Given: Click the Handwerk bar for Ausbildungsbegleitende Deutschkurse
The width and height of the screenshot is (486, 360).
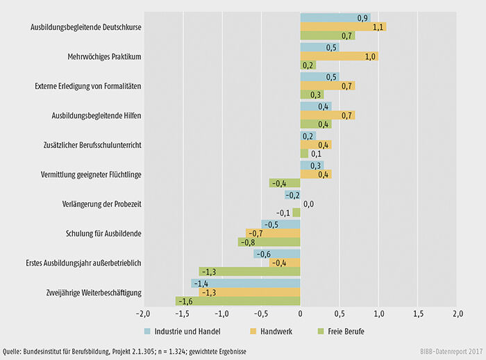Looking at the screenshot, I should coord(343,27).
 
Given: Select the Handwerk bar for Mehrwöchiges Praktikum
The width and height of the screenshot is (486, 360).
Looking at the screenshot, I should coord(339,57).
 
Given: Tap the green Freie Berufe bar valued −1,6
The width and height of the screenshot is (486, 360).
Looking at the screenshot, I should coord(237,302).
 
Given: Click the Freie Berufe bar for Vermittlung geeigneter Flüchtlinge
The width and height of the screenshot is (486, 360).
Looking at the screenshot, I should coord(285,183).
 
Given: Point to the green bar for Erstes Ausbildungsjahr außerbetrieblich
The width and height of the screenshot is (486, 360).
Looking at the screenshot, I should coord(249,272).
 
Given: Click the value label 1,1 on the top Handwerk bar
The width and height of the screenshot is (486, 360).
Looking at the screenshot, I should coord(378,27).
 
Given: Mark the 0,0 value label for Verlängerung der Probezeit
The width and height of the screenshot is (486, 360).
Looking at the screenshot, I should coord(309,204).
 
